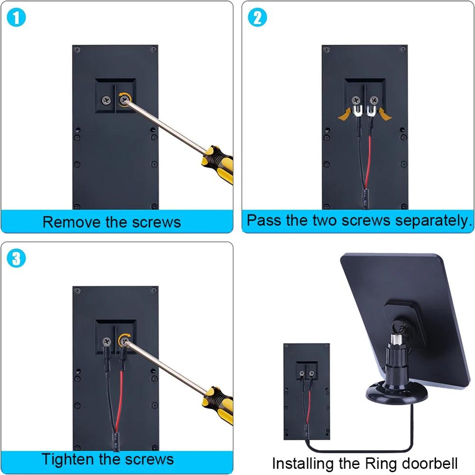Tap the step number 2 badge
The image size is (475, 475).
coord(258,18)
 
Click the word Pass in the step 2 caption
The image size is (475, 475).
coord(264,221)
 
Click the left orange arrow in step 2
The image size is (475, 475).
coord(345,114)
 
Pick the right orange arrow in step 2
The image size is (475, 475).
coord(386,114)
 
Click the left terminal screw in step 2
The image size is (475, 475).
coord(355,100)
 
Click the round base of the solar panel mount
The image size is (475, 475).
coord(396,394)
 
